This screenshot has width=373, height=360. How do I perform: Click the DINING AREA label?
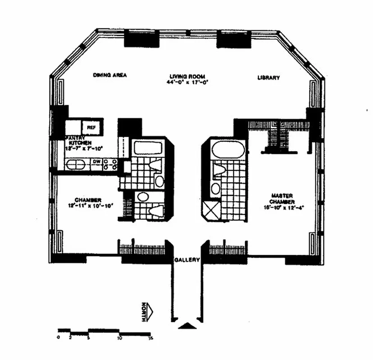(x=110, y=76)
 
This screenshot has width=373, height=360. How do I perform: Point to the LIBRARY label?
(x=268, y=77)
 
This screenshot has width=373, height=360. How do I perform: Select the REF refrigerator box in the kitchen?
(x=91, y=127)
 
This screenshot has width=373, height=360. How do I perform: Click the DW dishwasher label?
(x=96, y=162)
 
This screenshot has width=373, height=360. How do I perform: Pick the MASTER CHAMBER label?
(x=282, y=198)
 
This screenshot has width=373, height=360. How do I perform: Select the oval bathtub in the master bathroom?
(x=223, y=151)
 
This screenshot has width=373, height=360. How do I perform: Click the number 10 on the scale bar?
(x=120, y=337)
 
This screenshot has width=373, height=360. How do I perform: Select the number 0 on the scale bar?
(x=59, y=337)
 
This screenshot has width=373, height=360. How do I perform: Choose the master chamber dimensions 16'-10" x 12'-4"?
(x=283, y=207)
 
